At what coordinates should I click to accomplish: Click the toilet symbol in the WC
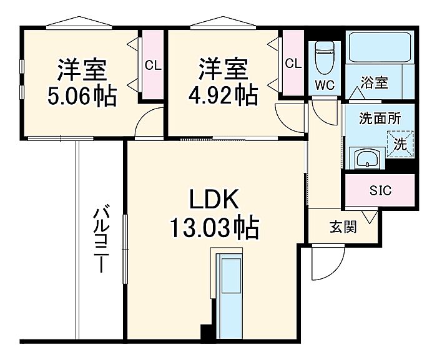tap(325, 57)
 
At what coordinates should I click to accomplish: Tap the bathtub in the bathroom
tap(380, 47)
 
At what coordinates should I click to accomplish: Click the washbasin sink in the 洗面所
tap(367, 158)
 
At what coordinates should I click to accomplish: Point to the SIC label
tap(380, 190)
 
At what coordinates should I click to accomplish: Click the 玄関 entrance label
tap(343, 227)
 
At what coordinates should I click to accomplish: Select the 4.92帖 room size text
tap(223, 95)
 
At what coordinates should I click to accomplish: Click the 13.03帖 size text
tap(214, 228)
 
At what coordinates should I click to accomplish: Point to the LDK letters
tap(214, 199)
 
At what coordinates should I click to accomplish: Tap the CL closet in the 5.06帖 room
tap(153, 66)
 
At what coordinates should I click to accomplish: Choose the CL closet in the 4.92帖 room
tap(293, 64)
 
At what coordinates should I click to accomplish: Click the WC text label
tap(325, 85)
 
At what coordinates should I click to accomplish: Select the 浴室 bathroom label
tap(375, 82)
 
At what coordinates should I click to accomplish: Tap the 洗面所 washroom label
tap(380, 119)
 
